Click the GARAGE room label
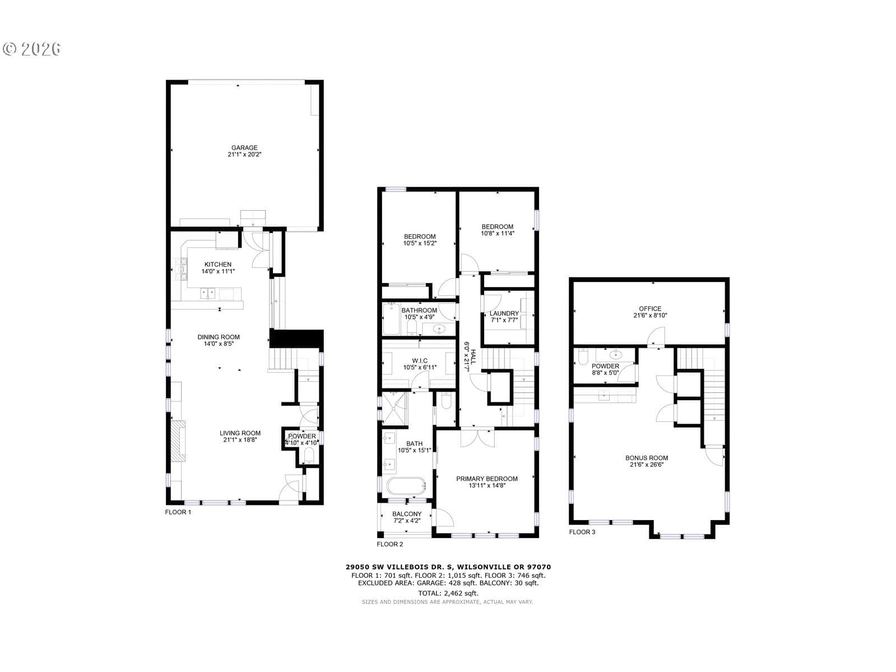(x=244, y=148)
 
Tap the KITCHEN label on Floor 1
(x=217, y=265)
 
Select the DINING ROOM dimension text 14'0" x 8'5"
(x=219, y=344)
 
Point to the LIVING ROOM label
(x=240, y=433)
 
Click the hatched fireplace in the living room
(x=178, y=441)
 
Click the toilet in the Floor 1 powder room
(x=309, y=456)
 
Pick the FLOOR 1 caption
(x=178, y=512)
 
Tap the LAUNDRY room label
(x=504, y=313)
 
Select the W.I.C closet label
(x=420, y=361)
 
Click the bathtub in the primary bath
(x=406, y=486)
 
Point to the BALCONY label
(x=407, y=514)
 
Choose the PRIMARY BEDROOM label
(x=486, y=479)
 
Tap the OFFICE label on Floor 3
(x=650, y=309)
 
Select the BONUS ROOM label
(x=647, y=458)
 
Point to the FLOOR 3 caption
(x=582, y=532)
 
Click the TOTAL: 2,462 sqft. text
(x=448, y=593)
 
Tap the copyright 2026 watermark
(x=32, y=49)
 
